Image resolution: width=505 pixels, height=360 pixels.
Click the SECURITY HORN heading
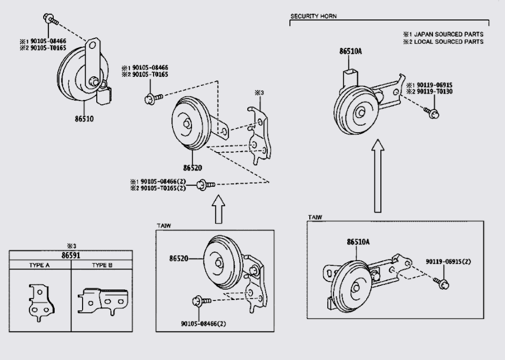tap(314, 16)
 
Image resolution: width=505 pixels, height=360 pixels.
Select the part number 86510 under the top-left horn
tap(84, 119)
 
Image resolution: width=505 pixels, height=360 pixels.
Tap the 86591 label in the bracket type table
tap(72, 255)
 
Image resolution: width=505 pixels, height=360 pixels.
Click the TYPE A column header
tap(39, 265)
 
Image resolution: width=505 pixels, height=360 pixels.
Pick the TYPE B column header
tap(102, 265)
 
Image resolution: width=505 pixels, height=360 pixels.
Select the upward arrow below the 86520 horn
tap(219, 209)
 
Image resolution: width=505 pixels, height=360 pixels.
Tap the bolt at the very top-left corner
tap(50, 19)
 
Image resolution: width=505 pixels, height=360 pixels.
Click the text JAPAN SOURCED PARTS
tap(448, 34)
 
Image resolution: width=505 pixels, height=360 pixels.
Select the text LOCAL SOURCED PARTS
tap(448, 42)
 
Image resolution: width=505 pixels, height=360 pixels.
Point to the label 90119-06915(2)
tap(448, 262)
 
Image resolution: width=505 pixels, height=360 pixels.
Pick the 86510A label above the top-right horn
tap(350, 52)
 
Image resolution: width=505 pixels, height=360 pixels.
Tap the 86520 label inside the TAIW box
tap(179, 258)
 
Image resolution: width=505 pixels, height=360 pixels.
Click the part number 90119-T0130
tap(433, 92)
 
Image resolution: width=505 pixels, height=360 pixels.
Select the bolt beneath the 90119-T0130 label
tap(433, 112)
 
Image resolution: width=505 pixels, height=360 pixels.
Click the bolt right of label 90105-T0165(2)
tap(206, 184)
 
